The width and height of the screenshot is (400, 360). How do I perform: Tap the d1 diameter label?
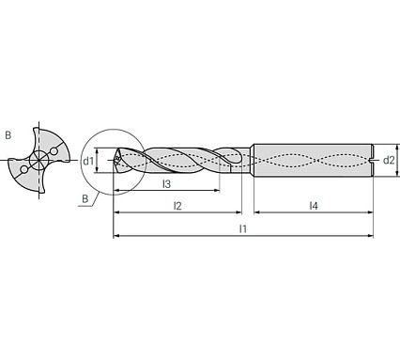tap(87, 161)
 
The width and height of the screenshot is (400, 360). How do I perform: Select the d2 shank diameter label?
tap(388, 161)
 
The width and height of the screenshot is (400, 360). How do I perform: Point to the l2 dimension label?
tap(177, 205)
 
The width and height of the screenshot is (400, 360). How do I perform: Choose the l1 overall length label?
tap(242, 228)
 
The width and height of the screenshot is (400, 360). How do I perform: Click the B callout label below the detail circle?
tap(84, 198)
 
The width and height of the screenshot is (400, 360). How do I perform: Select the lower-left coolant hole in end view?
tap(22, 170)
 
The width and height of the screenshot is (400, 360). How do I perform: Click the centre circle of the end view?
tap(38, 161)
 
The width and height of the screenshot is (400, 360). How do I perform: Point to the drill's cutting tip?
tap(115, 161)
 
